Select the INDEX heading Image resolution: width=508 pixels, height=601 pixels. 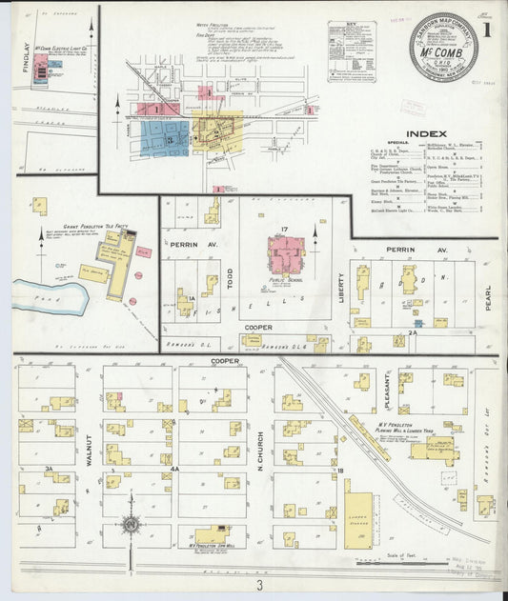pos(427,133)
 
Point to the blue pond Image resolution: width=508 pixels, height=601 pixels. pos(48,297)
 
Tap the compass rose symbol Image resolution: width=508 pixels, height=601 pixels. pos(131,524)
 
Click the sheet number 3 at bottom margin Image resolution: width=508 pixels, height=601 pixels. pos(257,584)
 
